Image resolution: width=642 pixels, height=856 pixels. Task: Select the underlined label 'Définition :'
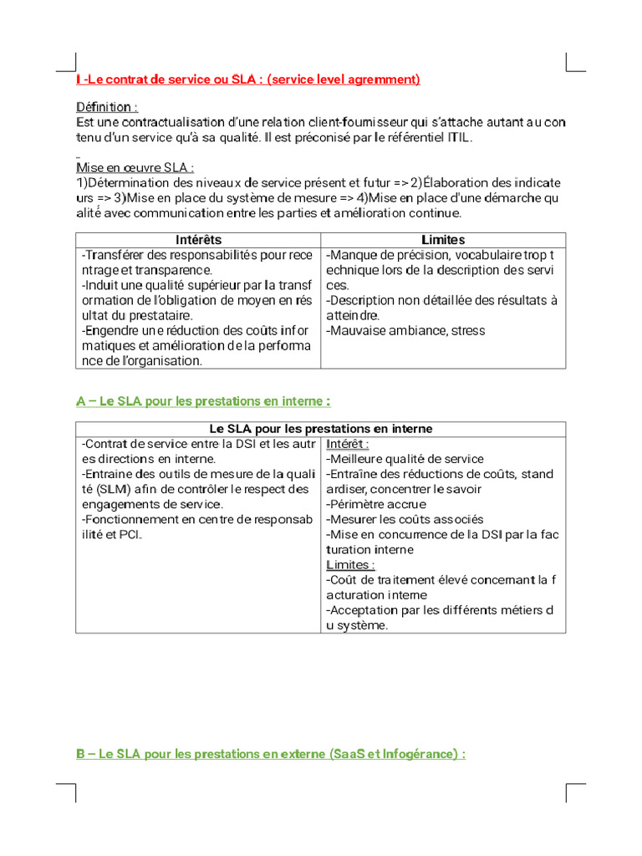coord(107,108)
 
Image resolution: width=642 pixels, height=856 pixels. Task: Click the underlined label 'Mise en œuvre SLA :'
coord(135,168)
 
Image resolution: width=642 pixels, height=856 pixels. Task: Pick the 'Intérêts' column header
coord(198,240)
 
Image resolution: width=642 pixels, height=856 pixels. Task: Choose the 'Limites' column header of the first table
coord(443,240)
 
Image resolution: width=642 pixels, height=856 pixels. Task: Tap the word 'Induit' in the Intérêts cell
coord(101,285)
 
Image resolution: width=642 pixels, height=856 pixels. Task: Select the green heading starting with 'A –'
coord(197,401)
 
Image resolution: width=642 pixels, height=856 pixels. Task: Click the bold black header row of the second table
coord(320,429)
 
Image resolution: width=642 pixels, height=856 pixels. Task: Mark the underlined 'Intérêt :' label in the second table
coord(348,444)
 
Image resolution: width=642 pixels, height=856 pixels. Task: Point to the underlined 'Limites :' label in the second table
coord(350,565)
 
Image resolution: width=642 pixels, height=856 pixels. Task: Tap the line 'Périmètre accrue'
coord(376,504)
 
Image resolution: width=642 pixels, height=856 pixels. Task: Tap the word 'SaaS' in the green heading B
coord(349,754)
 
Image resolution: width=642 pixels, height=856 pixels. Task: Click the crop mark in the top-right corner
coord(575,64)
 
